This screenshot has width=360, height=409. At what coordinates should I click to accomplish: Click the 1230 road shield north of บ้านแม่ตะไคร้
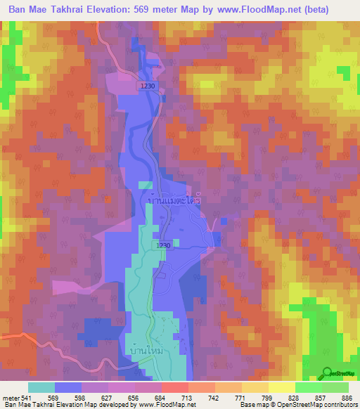147,84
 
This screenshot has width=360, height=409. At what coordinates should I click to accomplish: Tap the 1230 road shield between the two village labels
163,245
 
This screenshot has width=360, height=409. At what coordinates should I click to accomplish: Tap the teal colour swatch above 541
41,387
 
